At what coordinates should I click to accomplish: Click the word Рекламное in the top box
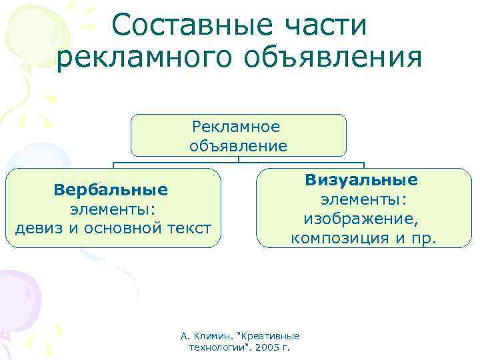point(236,127)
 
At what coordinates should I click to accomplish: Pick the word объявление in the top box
point(238,145)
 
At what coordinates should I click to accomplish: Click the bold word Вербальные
point(111,190)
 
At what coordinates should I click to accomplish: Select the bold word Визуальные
point(362,180)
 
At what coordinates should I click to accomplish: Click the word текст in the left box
point(189,228)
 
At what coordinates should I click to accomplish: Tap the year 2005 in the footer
point(270,348)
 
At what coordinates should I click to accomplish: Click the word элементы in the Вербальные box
point(112,209)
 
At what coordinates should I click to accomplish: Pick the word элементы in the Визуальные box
point(363,199)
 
